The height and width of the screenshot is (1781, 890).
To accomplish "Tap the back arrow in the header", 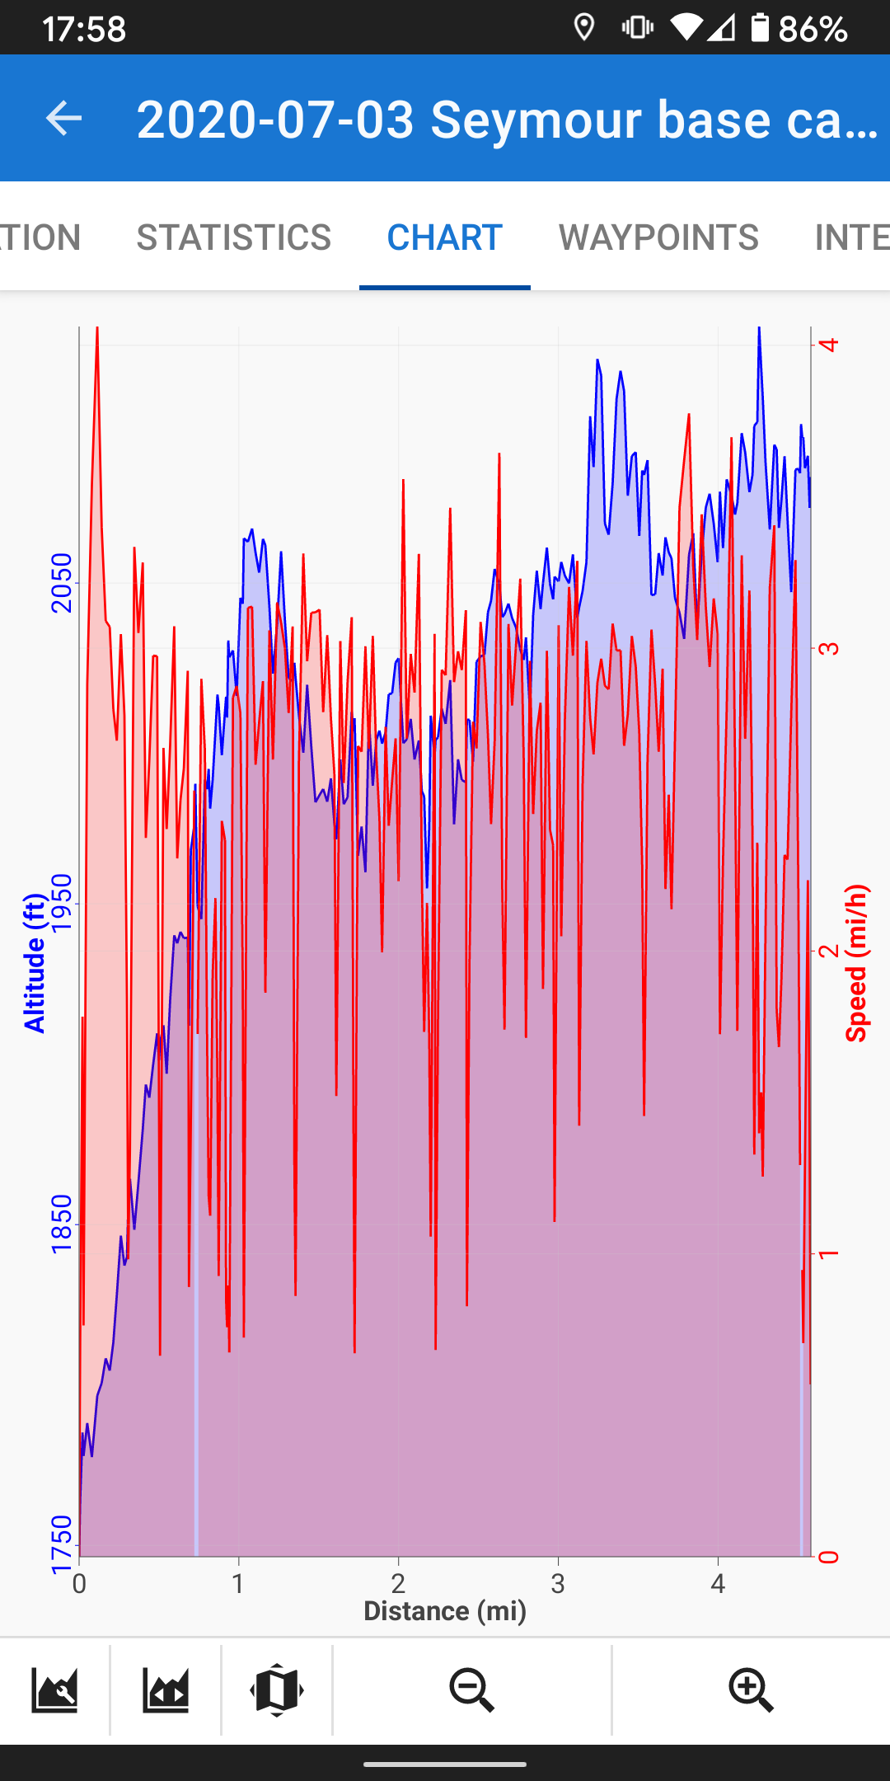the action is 63,119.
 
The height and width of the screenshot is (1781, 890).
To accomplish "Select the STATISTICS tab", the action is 234,237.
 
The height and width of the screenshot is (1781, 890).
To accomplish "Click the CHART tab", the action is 445,237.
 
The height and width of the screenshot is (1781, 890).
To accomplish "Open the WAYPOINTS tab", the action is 658,237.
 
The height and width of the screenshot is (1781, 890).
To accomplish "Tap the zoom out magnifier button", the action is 472,1690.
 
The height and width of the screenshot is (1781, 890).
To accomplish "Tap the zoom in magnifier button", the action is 752,1690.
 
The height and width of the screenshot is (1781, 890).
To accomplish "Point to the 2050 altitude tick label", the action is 62,583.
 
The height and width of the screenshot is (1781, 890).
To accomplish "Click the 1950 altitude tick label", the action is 62,904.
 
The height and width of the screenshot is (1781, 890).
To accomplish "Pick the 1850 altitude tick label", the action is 62,1224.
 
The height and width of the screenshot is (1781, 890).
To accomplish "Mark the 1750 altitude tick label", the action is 62,1544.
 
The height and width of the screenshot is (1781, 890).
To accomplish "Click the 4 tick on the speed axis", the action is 829,344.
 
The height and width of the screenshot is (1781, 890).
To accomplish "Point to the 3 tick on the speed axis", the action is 829,647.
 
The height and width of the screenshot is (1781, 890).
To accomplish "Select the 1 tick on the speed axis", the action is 829,1254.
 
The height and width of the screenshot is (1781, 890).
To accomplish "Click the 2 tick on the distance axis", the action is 399,1583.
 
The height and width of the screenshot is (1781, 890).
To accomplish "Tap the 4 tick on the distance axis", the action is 718,1583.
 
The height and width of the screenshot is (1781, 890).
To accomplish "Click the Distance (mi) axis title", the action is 445,1611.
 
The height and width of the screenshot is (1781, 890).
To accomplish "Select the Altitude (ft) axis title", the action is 34,963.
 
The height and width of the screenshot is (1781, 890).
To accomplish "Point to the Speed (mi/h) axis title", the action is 857,963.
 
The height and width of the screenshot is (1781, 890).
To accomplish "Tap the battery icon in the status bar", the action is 760,28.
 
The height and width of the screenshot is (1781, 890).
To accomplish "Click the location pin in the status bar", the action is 584,28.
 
